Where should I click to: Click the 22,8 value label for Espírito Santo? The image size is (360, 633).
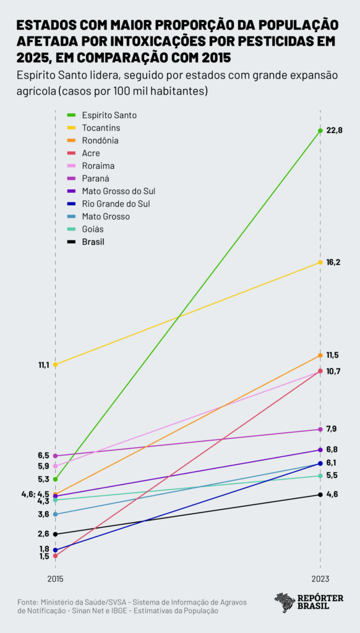[334, 130]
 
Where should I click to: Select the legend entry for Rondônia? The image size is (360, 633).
[100, 140]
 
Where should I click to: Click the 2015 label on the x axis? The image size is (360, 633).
[55, 579]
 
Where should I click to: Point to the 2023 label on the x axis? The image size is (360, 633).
[320, 579]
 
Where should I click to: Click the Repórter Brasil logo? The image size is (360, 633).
[309, 602]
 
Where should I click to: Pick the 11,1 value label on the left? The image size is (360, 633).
[43, 365]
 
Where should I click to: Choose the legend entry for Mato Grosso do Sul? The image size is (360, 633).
[118, 191]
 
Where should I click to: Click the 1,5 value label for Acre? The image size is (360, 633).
[44, 556]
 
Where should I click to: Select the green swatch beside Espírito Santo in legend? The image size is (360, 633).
[71, 116]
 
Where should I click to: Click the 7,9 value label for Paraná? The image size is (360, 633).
[332, 429]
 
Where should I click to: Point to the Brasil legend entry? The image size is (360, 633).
[93, 242]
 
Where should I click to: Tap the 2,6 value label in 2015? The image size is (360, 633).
[43, 534]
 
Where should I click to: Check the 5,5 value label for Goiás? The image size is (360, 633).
[332, 476]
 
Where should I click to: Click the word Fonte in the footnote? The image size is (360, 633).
[27, 601]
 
